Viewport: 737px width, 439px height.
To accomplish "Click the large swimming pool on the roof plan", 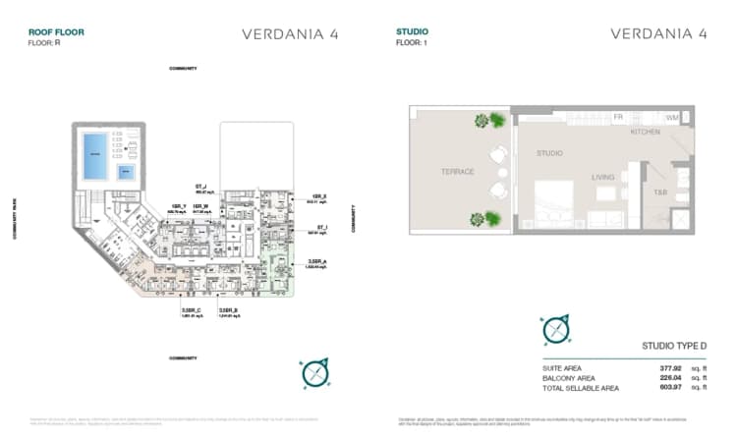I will click(95, 155).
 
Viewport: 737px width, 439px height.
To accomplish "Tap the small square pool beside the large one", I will click(126, 172).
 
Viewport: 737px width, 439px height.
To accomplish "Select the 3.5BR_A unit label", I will click(314, 262).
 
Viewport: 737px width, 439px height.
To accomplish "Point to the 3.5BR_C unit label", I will click(191, 311).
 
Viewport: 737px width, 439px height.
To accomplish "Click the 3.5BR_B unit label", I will click(229, 311).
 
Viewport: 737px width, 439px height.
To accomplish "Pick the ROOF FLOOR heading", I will click(56, 32).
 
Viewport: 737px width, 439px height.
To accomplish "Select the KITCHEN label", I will click(646, 132).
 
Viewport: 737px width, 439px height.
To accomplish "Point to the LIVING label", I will click(602, 178).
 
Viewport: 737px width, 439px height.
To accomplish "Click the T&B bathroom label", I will click(660, 192).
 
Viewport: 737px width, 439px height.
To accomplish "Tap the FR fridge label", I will click(618, 117).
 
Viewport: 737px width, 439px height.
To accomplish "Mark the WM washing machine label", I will click(672, 118).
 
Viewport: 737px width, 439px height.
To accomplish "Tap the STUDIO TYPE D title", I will click(673, 346).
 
